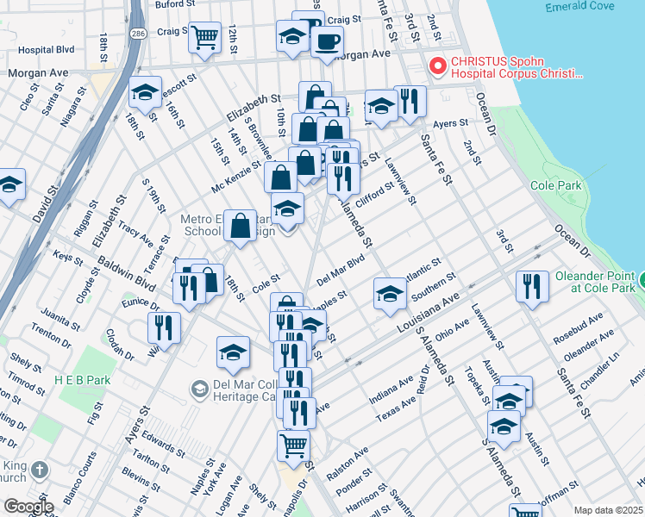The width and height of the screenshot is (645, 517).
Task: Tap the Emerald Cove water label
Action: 579,7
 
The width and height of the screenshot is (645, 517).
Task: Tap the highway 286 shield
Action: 138,32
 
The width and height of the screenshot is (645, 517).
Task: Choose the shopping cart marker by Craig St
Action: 204,37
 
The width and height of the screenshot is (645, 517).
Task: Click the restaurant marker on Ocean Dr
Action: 532,284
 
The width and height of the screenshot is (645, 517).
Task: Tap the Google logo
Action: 28,507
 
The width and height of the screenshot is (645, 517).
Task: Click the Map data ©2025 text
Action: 609,510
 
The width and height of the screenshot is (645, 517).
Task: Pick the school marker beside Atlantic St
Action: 389,293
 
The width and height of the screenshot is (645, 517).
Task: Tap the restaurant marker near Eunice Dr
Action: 162,327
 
